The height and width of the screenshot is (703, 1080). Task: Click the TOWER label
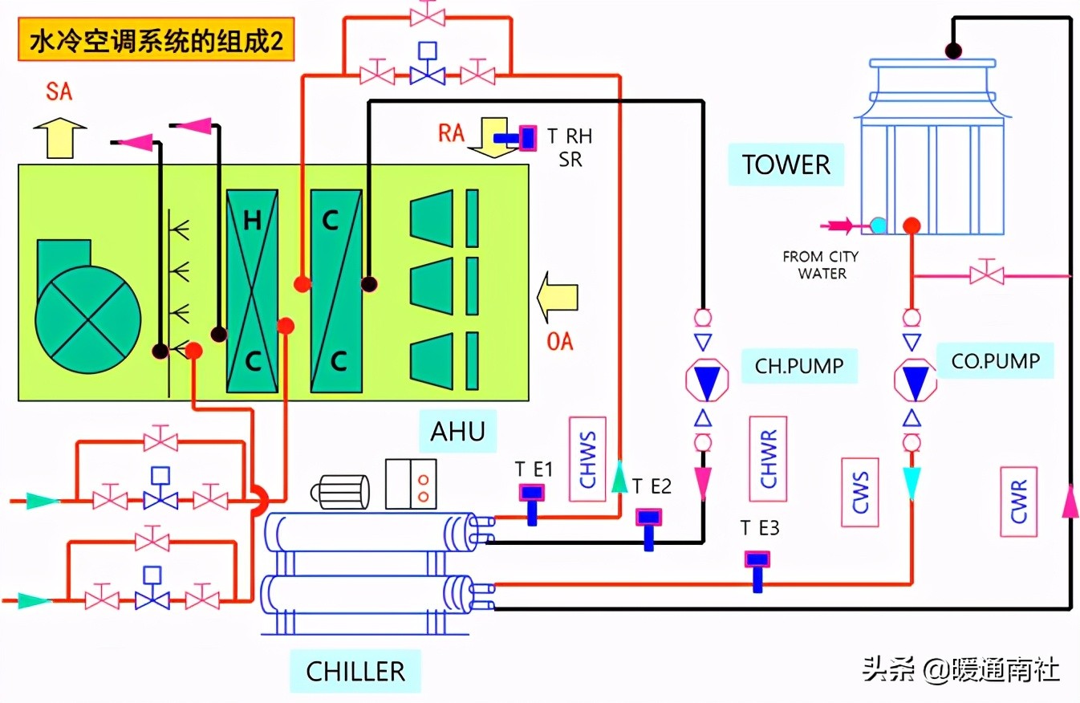tap(786, 165)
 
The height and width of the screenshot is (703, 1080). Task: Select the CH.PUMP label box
tap(799, 366)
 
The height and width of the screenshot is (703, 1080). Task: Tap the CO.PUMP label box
tap(995, 361)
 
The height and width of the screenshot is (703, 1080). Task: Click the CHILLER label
tap(355, 671)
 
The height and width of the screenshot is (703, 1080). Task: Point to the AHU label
tap(457, 431)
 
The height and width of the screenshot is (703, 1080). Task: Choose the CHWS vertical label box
tap(587, 459)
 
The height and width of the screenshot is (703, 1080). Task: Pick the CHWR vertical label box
tap(767, 459)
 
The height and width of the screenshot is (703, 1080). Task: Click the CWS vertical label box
tap(860, 492)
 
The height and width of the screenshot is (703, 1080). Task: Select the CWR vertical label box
tap(1019, 502)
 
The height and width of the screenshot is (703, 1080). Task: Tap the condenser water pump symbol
tap(915, 380)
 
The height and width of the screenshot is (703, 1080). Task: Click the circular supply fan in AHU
tap(87, 310)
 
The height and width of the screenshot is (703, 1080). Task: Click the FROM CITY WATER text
tap(821, 265)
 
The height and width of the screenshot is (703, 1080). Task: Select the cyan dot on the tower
tap(879, 226)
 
